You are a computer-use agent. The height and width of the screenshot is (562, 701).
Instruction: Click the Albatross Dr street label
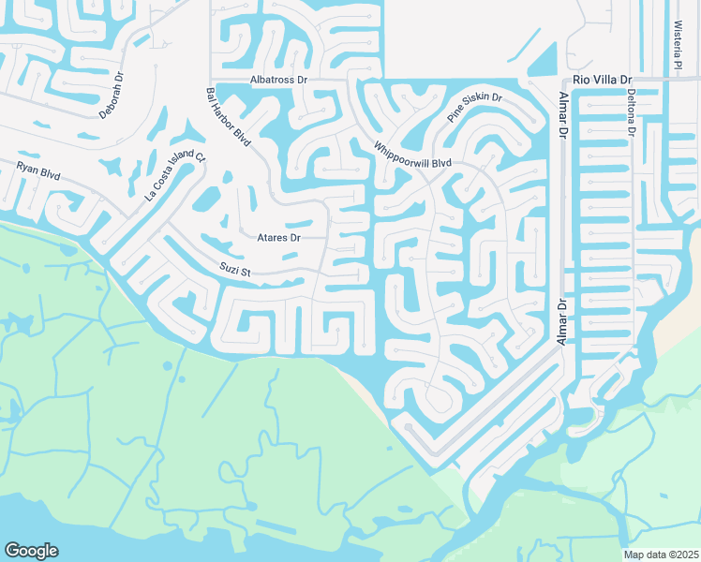(x=278, y=81)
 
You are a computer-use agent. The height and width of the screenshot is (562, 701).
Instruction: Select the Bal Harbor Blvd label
(x=228, y=117)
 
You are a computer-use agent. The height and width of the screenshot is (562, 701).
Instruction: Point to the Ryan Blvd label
(x=37, y=171)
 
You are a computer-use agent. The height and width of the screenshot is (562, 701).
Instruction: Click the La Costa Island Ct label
(x=174, y=179)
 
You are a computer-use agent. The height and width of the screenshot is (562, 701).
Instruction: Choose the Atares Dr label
(x=278, y=238)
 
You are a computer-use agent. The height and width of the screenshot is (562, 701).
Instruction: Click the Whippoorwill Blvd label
(x=412, y=155)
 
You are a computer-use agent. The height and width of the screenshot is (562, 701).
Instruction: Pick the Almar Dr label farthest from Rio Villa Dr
(x=562, y=321)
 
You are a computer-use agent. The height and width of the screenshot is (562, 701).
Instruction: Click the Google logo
(x=31, y=551)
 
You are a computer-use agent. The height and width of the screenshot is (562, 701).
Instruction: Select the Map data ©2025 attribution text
(x=661, y=555)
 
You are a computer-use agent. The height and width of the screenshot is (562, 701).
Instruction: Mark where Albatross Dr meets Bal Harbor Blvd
(x=211, y=81)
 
